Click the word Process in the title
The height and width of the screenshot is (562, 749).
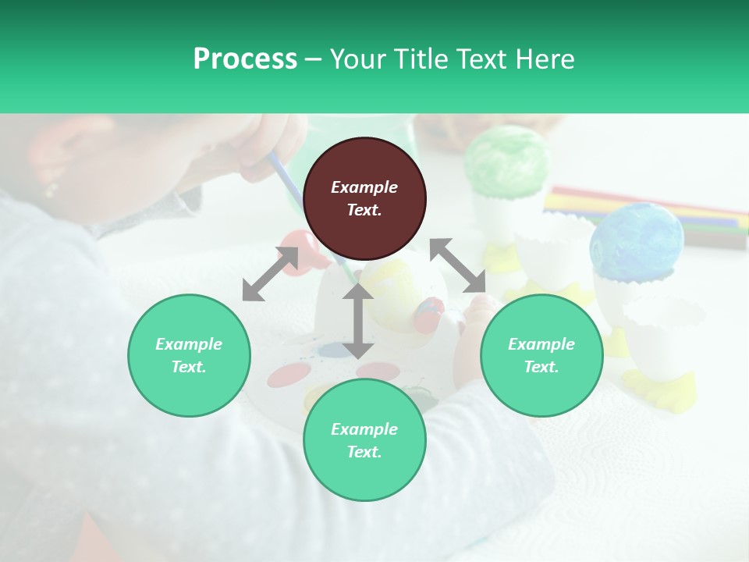pyautogui.click(x=245, y=59)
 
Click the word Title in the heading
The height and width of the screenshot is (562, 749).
pyautogui.click(x=420, y=59)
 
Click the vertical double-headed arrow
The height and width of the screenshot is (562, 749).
pyautogui.click(x=357, y=321)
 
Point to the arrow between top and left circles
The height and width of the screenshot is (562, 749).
pyautogui.click(x=270, y=273)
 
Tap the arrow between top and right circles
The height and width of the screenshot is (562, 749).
pyautogui.click(x=458, y=265)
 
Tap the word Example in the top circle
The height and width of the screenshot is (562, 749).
pyautogui.click(x=364, y=187)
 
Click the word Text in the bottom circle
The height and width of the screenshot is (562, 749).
pyautogui.click(x=364, y=452)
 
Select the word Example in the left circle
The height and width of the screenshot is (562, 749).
pyautogui.click(x=189, y=344)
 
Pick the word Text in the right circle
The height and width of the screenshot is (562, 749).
pyautogui.click(x=541, y=367)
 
